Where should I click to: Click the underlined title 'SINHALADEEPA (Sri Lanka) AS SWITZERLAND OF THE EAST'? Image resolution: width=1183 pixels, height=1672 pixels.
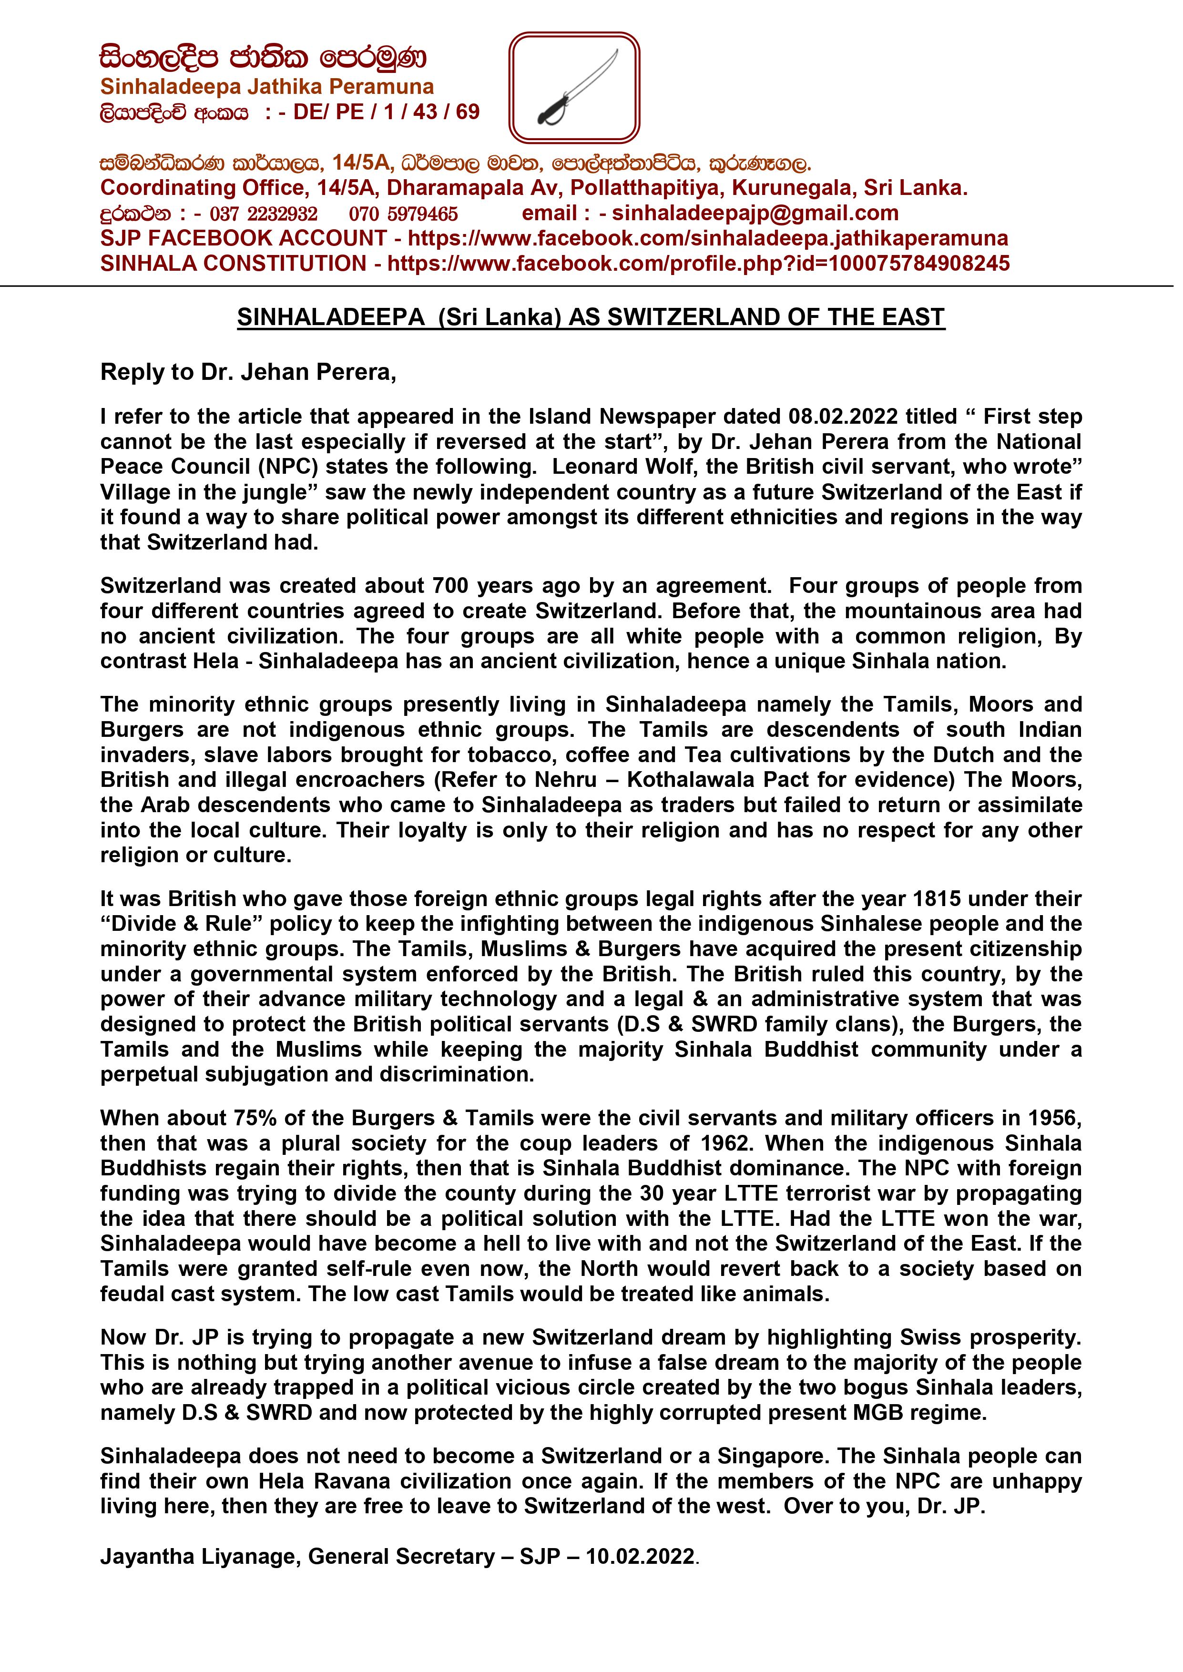pos(591,317)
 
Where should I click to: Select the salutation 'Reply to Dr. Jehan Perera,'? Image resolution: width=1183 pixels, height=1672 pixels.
pos(248,372)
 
